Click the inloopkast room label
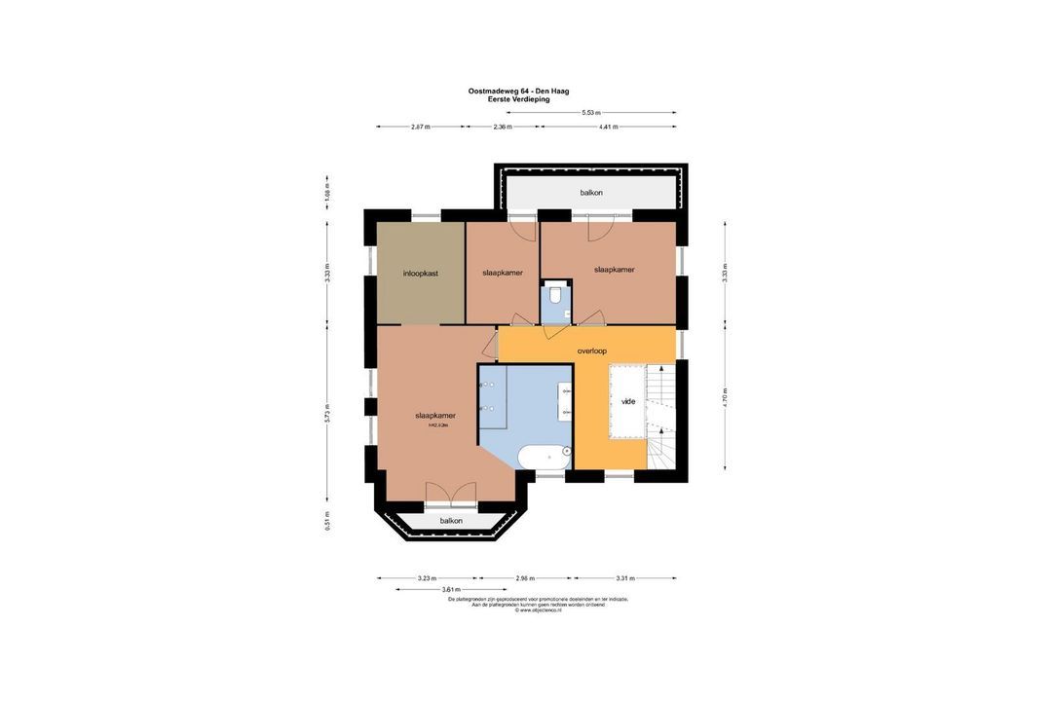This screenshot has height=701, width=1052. click(421, 274)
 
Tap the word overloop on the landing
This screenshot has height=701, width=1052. click(591, 350)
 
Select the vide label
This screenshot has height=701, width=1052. click(628, 401)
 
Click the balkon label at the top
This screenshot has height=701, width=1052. click(591, 193)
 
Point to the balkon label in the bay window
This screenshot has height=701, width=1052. click(451, 521)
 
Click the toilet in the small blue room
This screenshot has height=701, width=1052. click(555, 296)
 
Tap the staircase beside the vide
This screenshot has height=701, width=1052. click(661, 419)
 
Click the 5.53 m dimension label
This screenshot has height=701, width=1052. click(591, 113)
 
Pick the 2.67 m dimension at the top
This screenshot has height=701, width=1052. click(421, 127)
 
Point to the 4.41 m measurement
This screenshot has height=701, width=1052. click(608, 127)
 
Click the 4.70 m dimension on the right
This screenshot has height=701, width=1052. click(725, 397)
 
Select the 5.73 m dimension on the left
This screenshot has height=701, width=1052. click(327, 413)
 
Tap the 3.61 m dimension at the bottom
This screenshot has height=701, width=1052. click(451, 589)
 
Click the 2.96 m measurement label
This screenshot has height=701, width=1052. click(525, 578)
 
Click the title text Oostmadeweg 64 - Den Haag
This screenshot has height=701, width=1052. click(518, 91)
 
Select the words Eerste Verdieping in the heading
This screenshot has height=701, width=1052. click(518, 99)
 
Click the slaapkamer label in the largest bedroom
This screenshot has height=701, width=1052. click(435, 416)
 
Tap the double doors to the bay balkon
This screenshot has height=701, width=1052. click(451, 495)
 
